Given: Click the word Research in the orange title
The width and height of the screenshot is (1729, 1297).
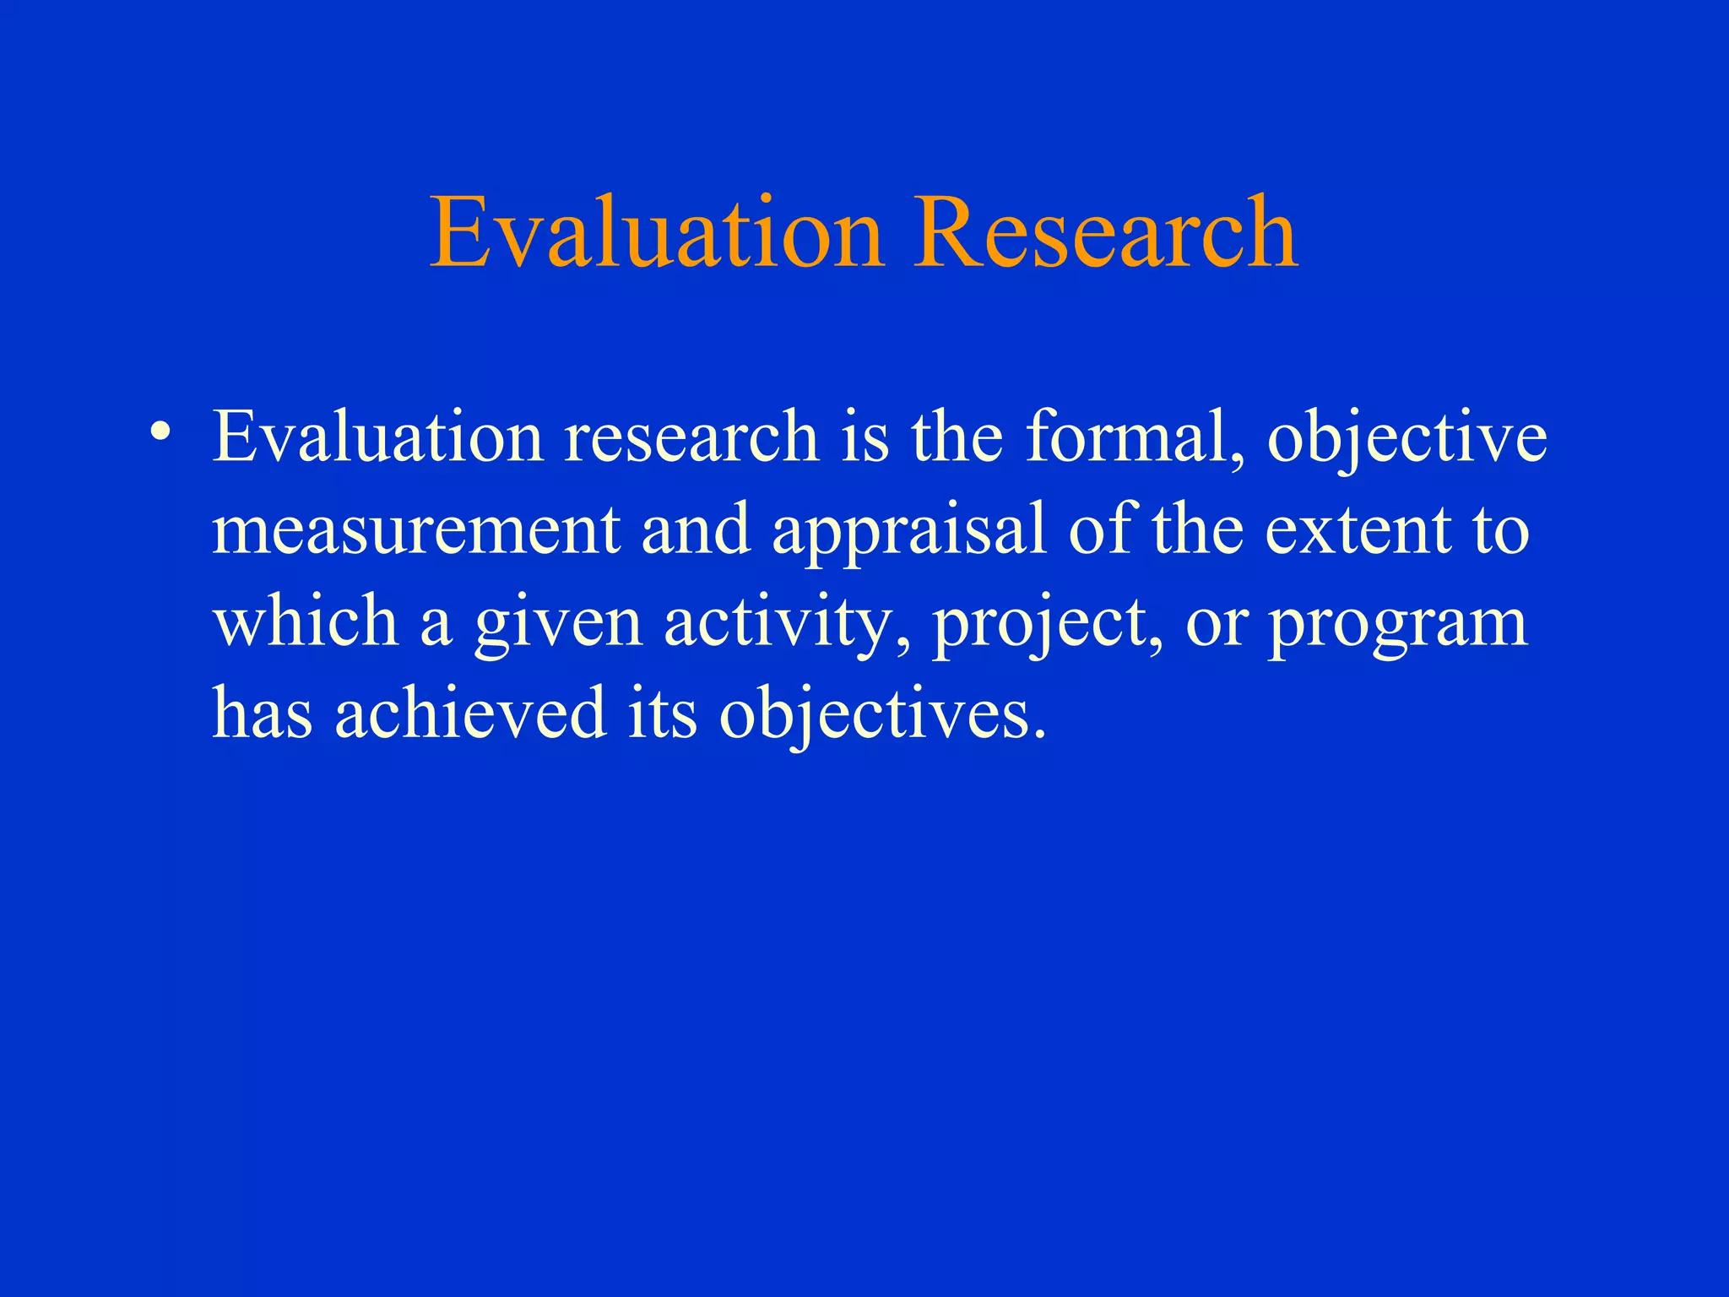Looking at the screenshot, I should pyautogui.click(x=1106, y=232).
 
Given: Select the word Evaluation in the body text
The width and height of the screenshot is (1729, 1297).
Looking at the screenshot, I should pyautogui.click(x=377, y=437).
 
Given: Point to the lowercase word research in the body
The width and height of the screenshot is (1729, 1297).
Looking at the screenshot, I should pyautogui.click(x=691, y=437).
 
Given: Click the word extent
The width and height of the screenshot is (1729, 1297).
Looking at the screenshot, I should pyautogui.click(x=1357, y=530).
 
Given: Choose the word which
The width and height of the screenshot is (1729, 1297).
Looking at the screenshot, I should pyautogui.click(x=306, y=621).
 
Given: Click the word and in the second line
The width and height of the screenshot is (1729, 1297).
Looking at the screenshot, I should pyautogui.click(x=696, y=530).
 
